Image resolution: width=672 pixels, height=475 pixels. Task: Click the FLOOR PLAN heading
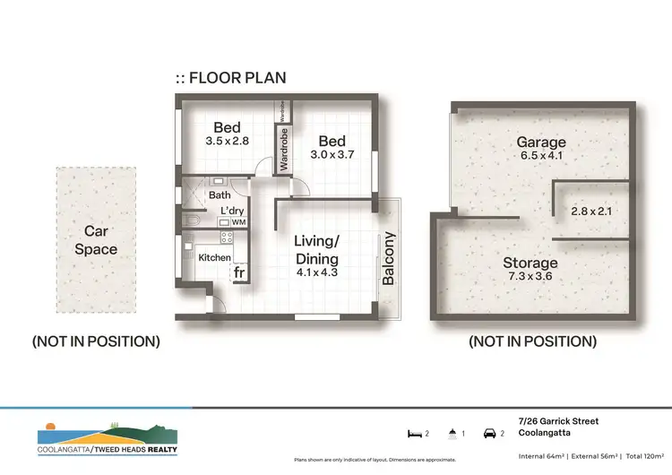point(231,78)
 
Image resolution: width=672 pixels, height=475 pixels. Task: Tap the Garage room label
point(540,142)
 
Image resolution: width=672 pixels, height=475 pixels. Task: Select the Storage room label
point(530,263)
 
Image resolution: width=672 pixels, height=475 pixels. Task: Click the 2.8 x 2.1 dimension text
point(591,212)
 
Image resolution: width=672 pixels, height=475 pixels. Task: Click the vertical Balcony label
point(389,259)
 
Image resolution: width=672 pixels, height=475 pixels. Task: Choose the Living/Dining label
point(317,248)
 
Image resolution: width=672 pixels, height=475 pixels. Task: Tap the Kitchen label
point(214,258)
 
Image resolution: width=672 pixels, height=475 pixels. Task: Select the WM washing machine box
point(238,222)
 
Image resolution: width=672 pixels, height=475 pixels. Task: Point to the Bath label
point(219,194)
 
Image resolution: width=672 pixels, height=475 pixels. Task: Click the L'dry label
point(220,212)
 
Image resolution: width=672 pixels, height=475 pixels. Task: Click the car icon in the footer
point(491,433)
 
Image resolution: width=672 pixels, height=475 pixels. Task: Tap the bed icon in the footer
point(415,433)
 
